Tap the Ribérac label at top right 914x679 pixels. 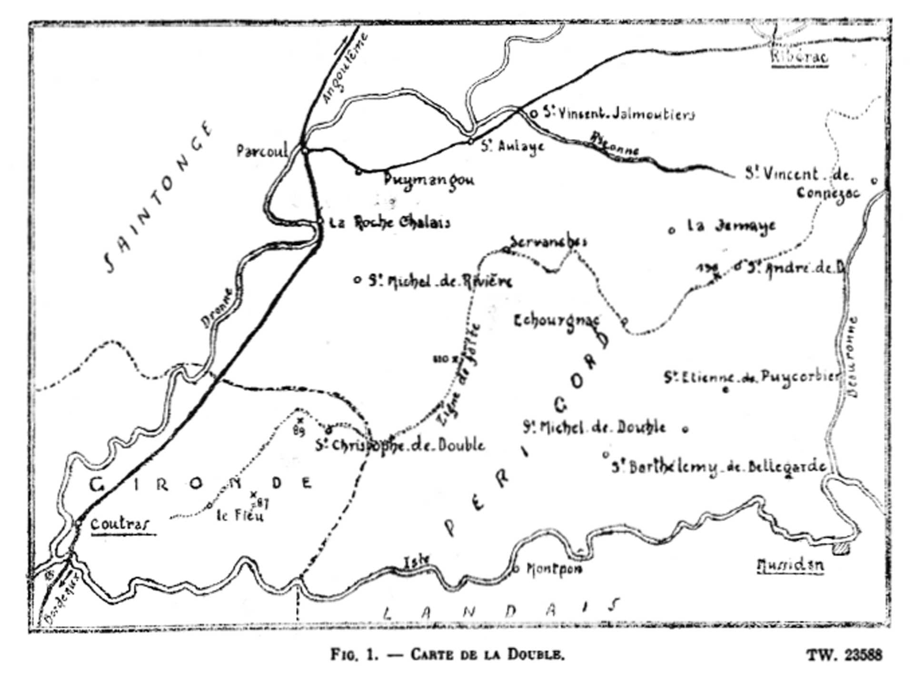click(799, 57)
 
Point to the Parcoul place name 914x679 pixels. click(262, 151)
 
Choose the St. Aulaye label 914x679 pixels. click(512, 146)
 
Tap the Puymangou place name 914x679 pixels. click(429, 179)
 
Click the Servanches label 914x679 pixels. click(548, 241)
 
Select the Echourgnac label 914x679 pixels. click(556, 321)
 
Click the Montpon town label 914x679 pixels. click(554, 569)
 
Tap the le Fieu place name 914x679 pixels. click(239, 516)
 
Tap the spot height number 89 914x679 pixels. click(299, 431)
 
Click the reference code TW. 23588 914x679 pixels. click(844, 655)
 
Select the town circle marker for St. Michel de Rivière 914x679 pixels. click(357, 280)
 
